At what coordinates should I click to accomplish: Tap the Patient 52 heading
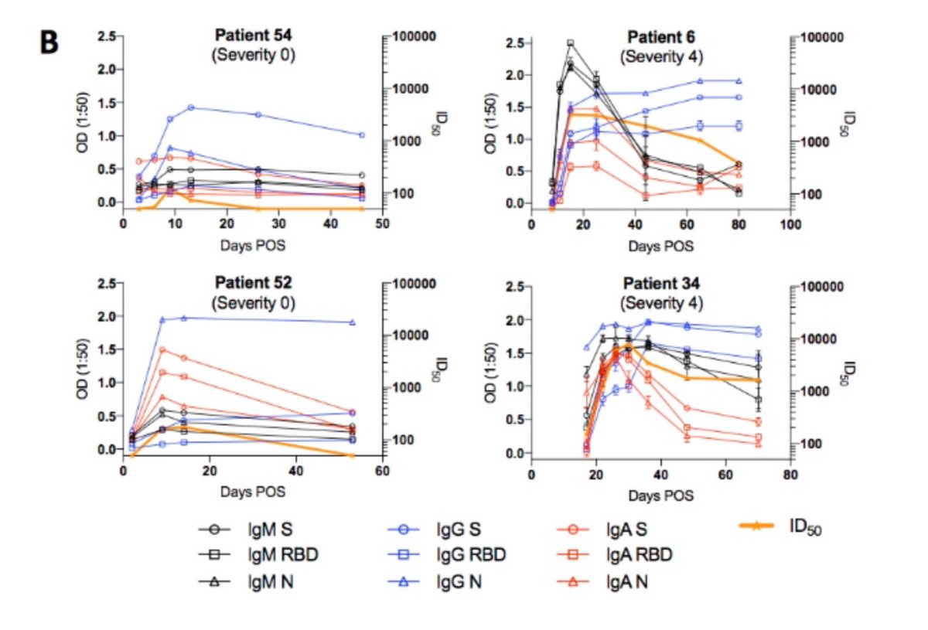(253, 282)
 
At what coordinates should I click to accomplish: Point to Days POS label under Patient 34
(658, 494)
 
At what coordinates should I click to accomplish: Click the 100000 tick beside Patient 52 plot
(414, 284)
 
